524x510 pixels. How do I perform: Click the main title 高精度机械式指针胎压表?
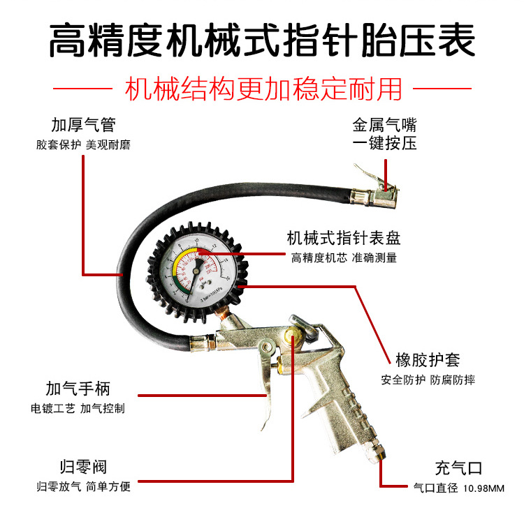click(262, 40)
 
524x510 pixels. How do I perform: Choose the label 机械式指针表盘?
click(344, 238)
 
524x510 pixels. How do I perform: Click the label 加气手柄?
click(78, 389)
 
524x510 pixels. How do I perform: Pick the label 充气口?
click(458, 468)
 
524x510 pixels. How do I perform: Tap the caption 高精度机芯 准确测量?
click(344, 257)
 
